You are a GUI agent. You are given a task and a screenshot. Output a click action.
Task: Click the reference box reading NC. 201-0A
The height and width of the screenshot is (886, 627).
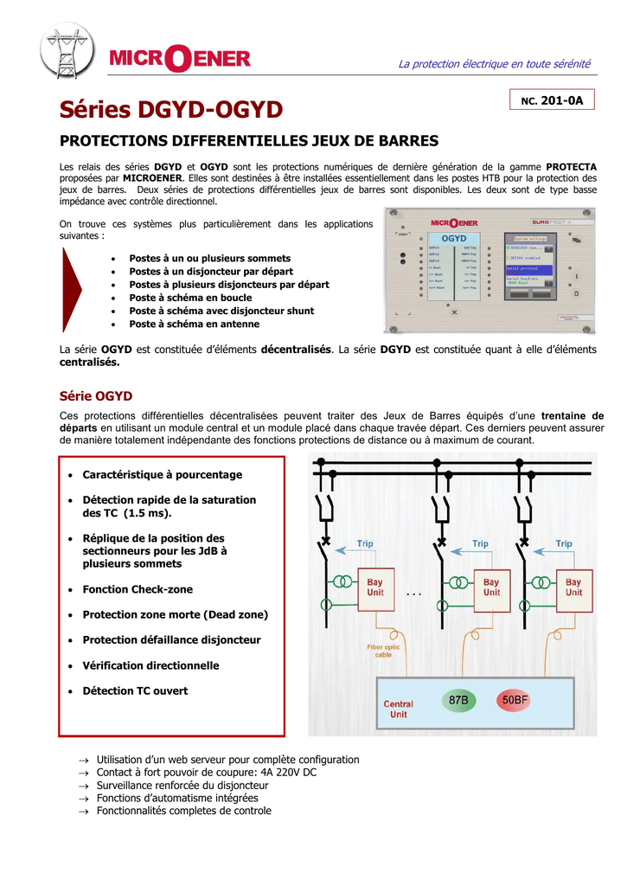(551, 101)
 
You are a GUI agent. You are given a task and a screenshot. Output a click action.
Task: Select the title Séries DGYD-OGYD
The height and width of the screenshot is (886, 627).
(171, 110)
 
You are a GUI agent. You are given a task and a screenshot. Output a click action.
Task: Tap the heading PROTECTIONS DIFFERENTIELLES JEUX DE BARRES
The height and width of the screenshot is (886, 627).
(249, 140)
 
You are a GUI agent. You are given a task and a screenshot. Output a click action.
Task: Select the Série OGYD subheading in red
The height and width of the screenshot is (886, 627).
(95, 395)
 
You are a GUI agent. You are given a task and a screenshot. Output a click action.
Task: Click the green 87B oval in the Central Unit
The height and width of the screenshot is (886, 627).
(459, 700)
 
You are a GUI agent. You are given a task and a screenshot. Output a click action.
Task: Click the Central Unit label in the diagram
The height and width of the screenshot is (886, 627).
(398, 709)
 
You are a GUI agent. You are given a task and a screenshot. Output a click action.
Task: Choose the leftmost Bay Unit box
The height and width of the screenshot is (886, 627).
(375, 587)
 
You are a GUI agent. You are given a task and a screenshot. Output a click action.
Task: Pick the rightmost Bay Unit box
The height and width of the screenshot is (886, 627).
(573, 587)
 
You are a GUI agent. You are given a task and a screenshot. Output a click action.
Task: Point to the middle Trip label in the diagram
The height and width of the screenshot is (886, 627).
(480, 543)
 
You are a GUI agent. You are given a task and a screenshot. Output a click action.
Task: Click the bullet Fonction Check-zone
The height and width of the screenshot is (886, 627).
(138, 589)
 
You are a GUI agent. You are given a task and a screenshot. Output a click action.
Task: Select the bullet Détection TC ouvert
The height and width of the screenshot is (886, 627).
(135, 690)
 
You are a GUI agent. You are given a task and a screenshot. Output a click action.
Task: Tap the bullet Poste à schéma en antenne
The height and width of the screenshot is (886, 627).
(194, 324)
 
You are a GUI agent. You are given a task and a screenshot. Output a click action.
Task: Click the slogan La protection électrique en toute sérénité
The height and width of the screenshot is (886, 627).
(494, 64)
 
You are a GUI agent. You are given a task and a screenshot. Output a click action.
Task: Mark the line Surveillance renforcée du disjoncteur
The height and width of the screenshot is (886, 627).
(182, 785)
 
